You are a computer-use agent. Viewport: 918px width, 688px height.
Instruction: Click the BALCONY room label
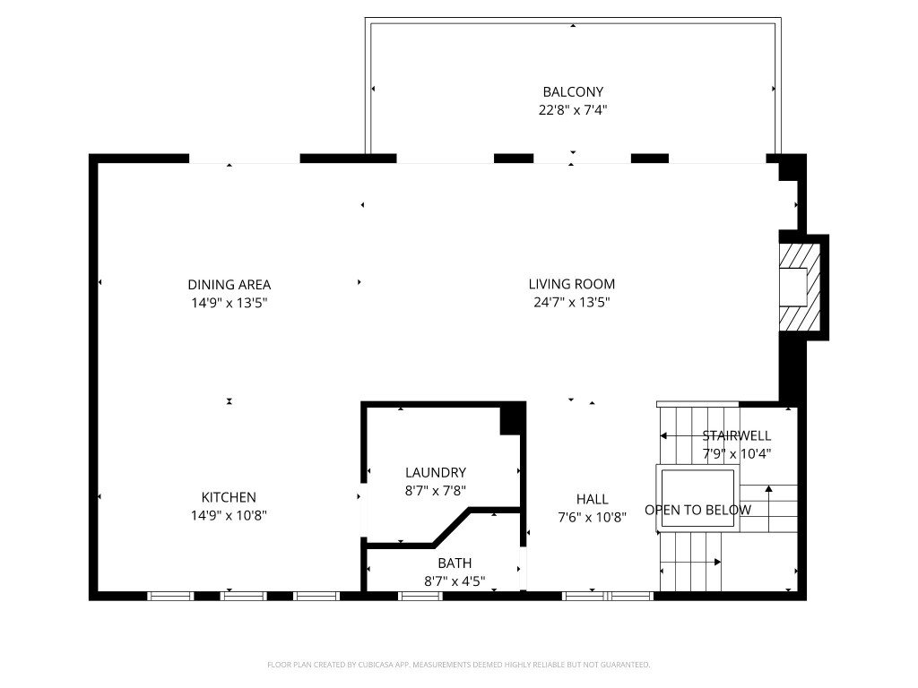click(573, 91)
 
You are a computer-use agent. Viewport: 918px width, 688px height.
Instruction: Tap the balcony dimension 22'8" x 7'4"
click(573, 110)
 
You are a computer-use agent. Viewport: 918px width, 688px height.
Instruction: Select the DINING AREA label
click(229, 285)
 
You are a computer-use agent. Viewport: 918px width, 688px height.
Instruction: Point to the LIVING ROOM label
click(572, 284)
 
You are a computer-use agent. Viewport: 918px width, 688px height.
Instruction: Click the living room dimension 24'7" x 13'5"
click(572, 303)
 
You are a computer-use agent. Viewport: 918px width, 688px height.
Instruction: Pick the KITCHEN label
click(229, 497)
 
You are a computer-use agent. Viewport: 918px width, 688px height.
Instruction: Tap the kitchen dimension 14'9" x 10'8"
click(229, 516)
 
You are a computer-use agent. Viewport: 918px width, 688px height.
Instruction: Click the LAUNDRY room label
click(436, 472)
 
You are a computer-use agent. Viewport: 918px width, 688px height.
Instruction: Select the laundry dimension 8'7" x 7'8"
click(436, 490)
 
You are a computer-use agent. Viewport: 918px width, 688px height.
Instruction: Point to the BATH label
click(455, 563)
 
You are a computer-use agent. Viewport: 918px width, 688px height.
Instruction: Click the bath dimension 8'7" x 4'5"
click(455, 581)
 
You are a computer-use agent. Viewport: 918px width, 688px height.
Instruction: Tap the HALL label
click(593, 499)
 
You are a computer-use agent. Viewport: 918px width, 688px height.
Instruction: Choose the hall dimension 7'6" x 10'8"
click(593, 517)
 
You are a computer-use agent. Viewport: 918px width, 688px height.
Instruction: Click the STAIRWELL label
click(736, 435)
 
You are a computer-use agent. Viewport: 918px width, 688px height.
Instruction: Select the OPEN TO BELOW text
click(698, 510)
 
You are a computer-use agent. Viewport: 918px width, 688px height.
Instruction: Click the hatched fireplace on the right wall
click(800, 287)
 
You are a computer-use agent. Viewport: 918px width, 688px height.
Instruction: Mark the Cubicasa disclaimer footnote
click(458, 665)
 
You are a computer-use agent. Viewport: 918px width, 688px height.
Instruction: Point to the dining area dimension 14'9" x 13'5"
click(229, 303)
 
